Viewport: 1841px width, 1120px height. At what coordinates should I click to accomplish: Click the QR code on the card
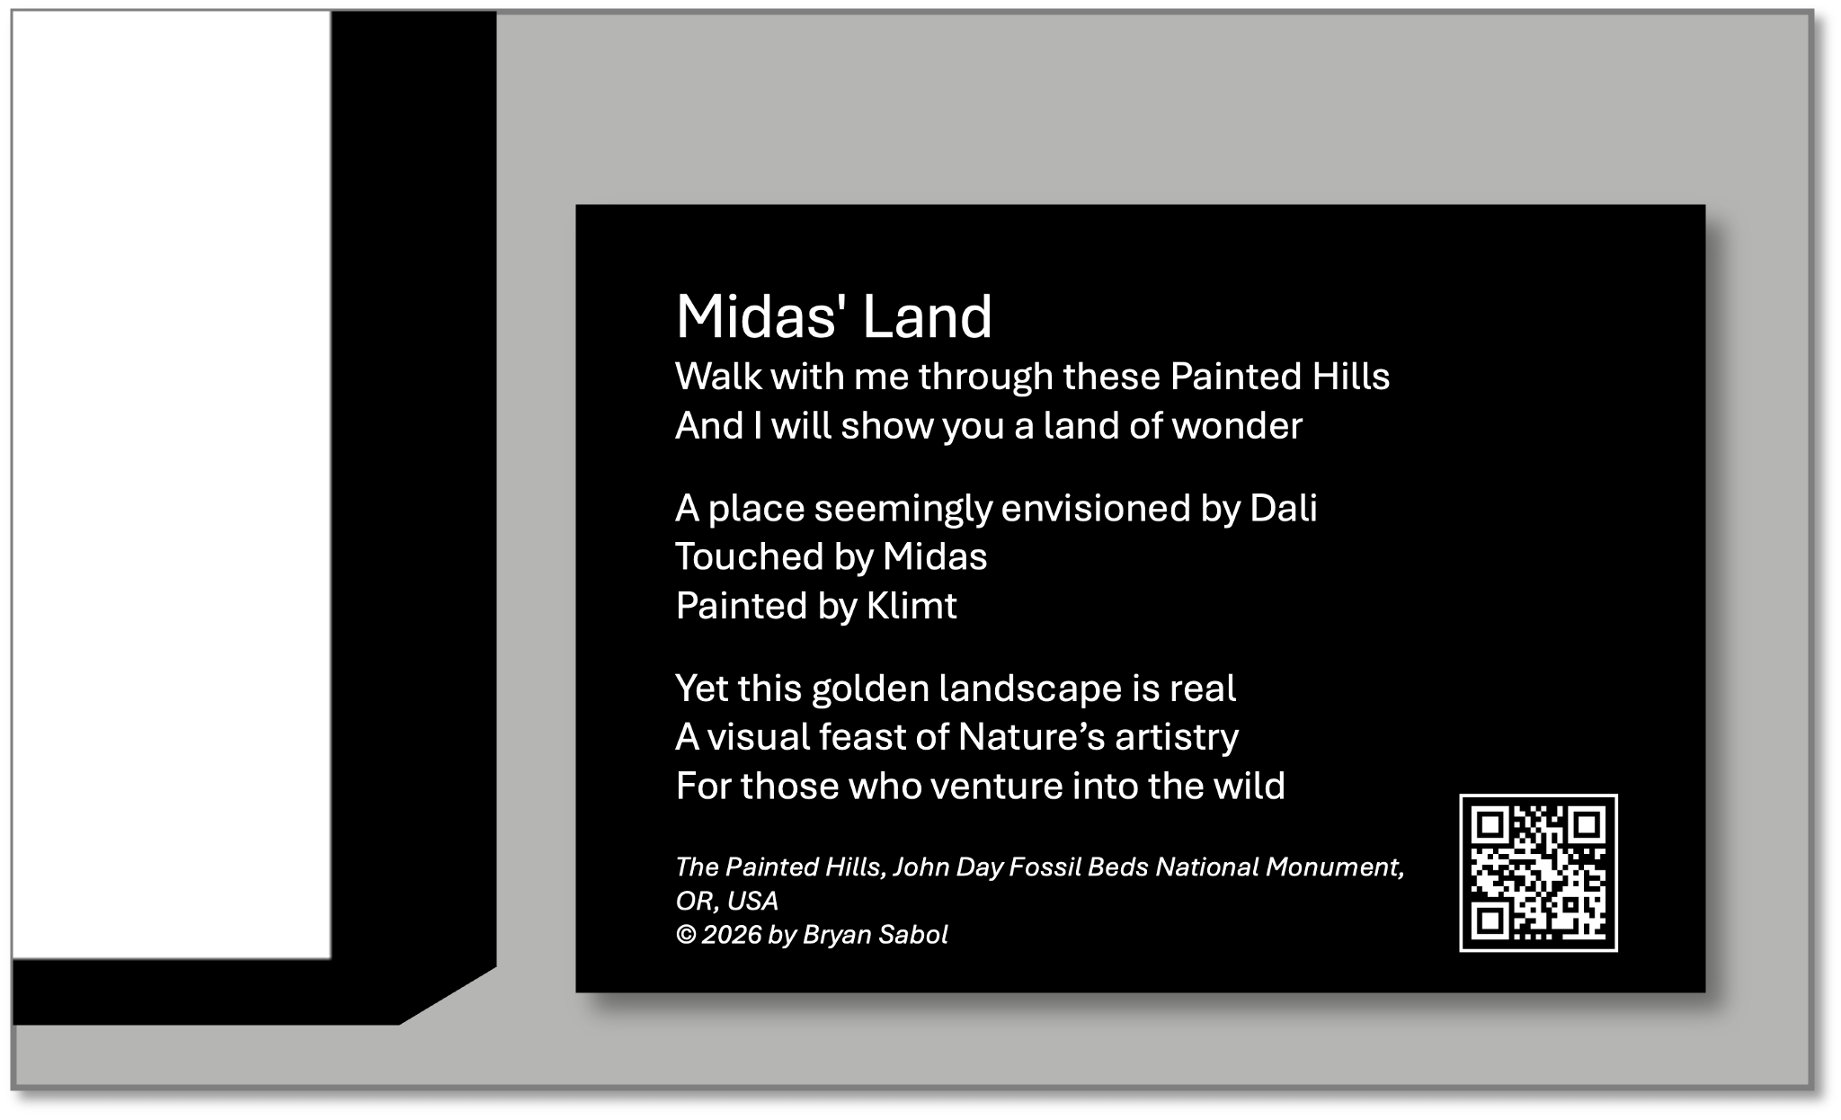pyautogui.click(x=1538, y=872)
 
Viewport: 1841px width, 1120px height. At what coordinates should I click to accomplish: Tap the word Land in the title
pyautogui.click(x=927, y=316)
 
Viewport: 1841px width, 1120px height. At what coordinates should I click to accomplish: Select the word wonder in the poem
pyautogui.click(x=1237, y=425)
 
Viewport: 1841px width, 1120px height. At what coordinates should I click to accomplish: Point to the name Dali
pyautogui.click(x=1284, y=508)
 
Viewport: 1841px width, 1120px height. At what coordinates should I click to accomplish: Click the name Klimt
pyautogui.click(x=912, y=605)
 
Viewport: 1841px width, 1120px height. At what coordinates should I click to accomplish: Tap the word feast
pyautogui.click(x=862, y=736)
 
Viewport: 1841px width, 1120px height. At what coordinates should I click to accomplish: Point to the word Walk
pyautogui.click(x=718, y=376)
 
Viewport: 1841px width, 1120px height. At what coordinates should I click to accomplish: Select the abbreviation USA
pyautogui.click(x=752, y=901)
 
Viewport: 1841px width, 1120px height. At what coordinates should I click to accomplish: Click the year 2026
pyautogui.click(x=732, y=935)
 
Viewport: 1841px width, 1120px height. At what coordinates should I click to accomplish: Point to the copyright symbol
pyautogui.click(x=686, y=935)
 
